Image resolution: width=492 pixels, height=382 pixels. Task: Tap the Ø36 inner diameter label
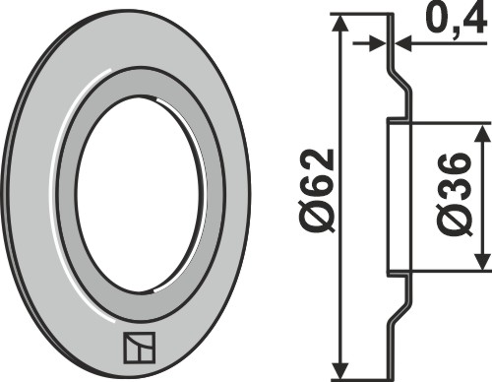(456, 194)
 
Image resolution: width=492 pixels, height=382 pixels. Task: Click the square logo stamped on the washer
(140, 348)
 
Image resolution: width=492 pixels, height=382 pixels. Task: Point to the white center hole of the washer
(138, 194)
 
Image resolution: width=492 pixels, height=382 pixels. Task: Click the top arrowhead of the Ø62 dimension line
(341, 23)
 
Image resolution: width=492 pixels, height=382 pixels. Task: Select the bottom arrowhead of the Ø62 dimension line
(341, 370)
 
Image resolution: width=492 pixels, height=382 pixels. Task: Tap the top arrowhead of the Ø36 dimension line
(482, 133)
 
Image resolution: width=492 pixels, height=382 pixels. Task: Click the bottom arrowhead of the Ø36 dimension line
(482, 262)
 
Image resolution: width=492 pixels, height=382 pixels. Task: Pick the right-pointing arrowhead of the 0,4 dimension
(378, 43)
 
